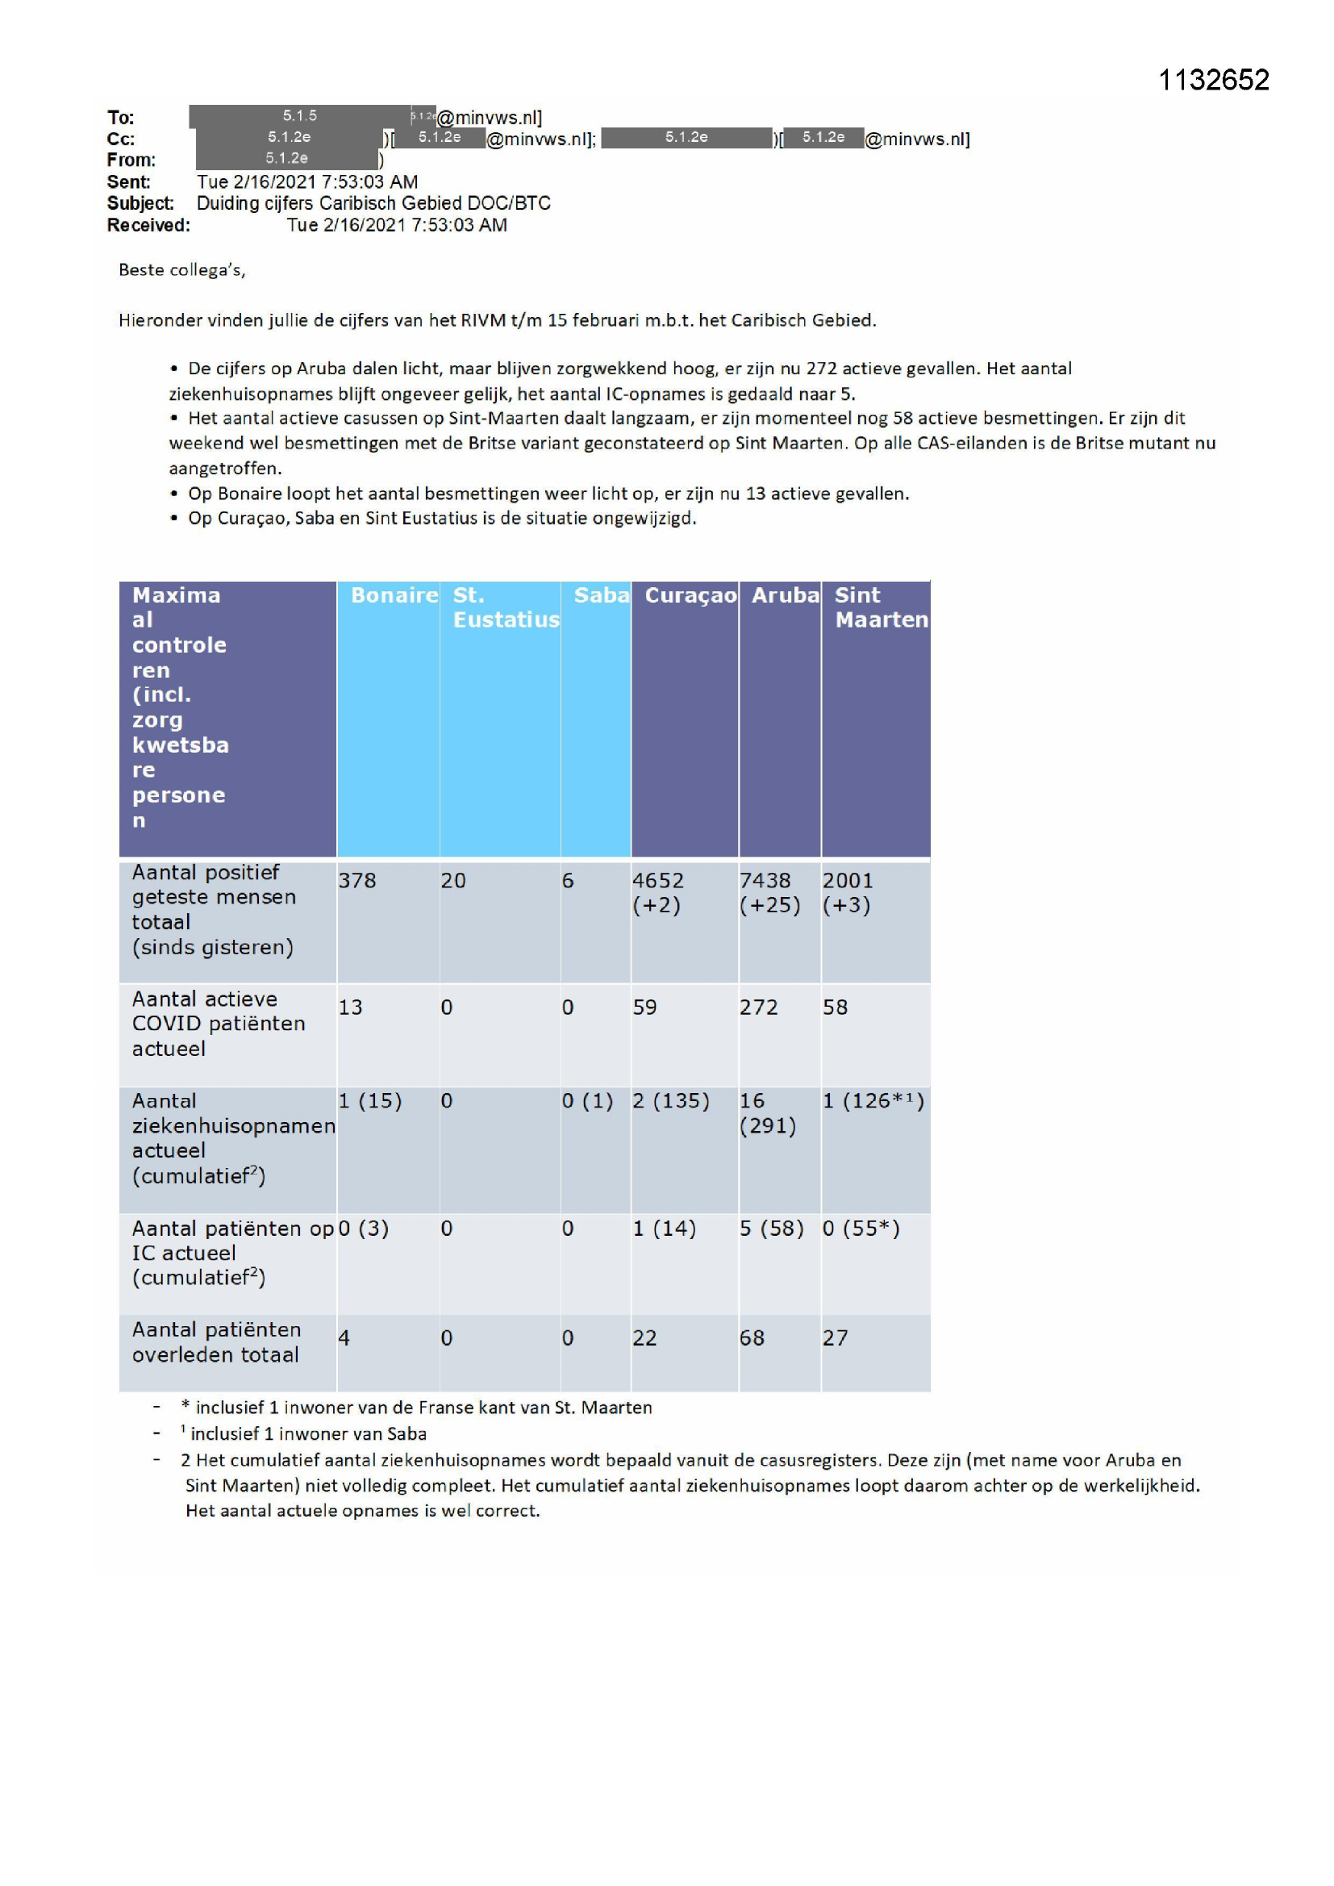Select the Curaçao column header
tap(690, 595)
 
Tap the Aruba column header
tap(785, 595)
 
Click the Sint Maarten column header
tap(881, 607)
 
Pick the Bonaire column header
tap(394, 595)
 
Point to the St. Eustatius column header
tap(505, 607)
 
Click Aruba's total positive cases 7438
tap(764, 881)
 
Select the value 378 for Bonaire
tap(357, 881)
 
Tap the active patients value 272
tap(758, 1007)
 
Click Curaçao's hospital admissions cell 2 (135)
tap(670, 1101)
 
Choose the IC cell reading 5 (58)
tap(770, 1228)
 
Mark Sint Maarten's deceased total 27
tap(835, 1338)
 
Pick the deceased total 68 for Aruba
tap(752, 1338)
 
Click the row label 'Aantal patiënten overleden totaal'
tap(216, 1342)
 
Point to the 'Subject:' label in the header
tap(140, 203)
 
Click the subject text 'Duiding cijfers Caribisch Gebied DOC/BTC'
tap(373, 203)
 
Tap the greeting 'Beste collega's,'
tap(181, 270)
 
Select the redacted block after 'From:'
tap(286, 159)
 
